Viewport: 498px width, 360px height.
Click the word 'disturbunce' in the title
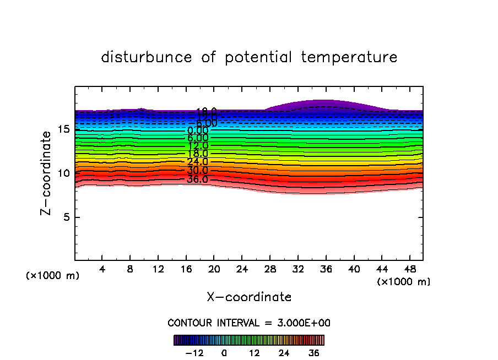pos(147,57)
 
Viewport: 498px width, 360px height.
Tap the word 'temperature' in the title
pos(349,57)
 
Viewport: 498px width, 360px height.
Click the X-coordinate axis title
pos(249,297)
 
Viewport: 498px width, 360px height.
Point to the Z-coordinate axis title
pos(48,173)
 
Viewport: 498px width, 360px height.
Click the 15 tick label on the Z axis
pos(63,129)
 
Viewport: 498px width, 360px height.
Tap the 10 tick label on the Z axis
pos(63,173)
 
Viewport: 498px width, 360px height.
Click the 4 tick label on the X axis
pos(102,269)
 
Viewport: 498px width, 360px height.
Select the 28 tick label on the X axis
pos(270,269)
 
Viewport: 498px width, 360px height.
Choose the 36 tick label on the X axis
pos(326,269)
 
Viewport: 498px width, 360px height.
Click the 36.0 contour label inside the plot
pos(197,179)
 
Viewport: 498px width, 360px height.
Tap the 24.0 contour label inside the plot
pos(197,162)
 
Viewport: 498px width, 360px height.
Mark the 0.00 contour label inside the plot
pos(198,130)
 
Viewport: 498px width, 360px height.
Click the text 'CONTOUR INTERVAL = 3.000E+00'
pos(249,323)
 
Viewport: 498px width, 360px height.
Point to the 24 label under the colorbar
pos(284,353)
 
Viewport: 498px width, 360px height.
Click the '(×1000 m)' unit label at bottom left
pos(53,276)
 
